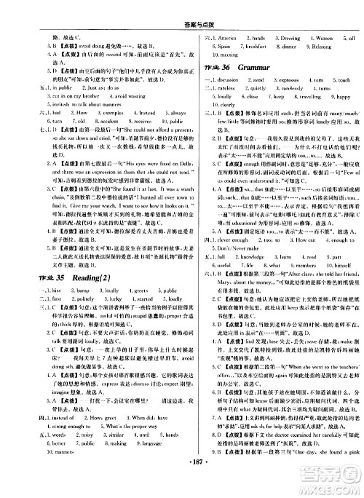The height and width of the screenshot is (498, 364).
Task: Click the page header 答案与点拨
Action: pyautogui.click(x=181, y=9)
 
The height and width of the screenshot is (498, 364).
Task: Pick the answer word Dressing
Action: pyautogui.click(x=277, y=36)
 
